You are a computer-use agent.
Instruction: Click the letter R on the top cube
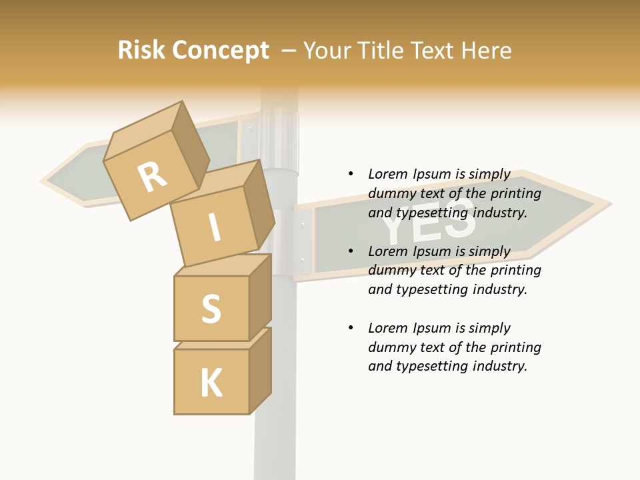[x=153, y=177]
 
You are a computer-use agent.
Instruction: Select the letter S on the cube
[x=211, y=308]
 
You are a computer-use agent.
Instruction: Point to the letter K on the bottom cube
[x=211, y=383]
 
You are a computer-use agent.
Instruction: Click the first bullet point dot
[x=351, y=174]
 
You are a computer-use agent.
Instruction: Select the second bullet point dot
[x=351, y=251]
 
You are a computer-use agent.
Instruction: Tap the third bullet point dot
[x=351, y=328]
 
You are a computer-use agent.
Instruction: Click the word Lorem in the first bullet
[x=387, y=174]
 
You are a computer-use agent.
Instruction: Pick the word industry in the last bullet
[x=501, y=366]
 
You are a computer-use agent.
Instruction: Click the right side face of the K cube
[x=260, y=370]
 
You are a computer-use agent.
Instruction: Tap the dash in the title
[x=289, y=51]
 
